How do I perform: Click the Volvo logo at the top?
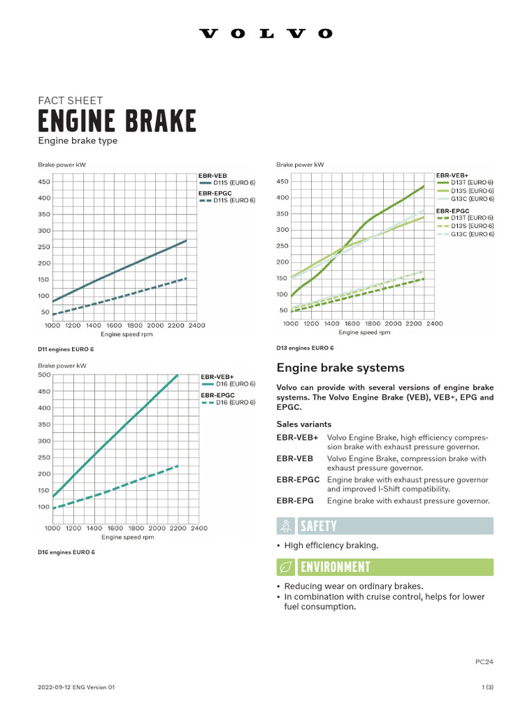point(266,33)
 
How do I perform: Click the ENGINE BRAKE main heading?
point(116,121)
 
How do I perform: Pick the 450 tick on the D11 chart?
point(44,182)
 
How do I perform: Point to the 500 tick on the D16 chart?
point(44,375)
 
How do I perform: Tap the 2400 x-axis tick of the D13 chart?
point(434,323)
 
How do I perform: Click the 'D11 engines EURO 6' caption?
point(66,349)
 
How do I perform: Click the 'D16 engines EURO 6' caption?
point(66,552)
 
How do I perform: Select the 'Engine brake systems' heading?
point(340,368)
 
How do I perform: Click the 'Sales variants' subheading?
point(303,424)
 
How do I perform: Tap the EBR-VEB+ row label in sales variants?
point(297,438)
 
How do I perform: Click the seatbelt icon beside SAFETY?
point(284,526)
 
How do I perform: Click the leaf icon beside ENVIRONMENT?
point(284,568)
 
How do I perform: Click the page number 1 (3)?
point(487,687)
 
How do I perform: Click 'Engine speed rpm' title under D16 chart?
point(128,537)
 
